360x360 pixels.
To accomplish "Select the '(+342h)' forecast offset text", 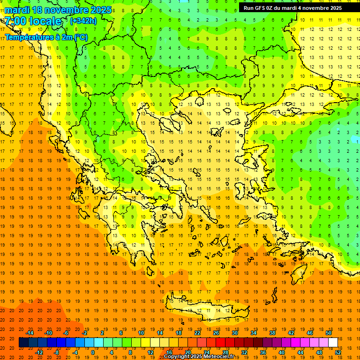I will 83,21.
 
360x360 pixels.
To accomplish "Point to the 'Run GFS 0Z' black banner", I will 292,8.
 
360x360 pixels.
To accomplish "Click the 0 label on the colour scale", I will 92,352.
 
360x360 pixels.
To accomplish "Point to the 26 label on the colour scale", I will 216,333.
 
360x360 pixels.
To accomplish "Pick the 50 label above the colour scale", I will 328,333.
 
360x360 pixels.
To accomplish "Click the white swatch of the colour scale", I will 333,343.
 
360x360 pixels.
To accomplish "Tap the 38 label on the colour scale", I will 272,333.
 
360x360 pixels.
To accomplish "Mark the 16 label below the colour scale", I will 169,352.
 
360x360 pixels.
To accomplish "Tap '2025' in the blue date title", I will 101,10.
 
